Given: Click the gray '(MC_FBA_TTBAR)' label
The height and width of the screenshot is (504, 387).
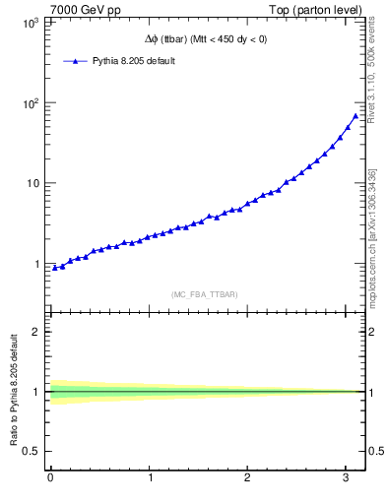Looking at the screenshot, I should (x=205, y=294).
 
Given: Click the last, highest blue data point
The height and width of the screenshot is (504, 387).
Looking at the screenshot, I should (x=355, y=116).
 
